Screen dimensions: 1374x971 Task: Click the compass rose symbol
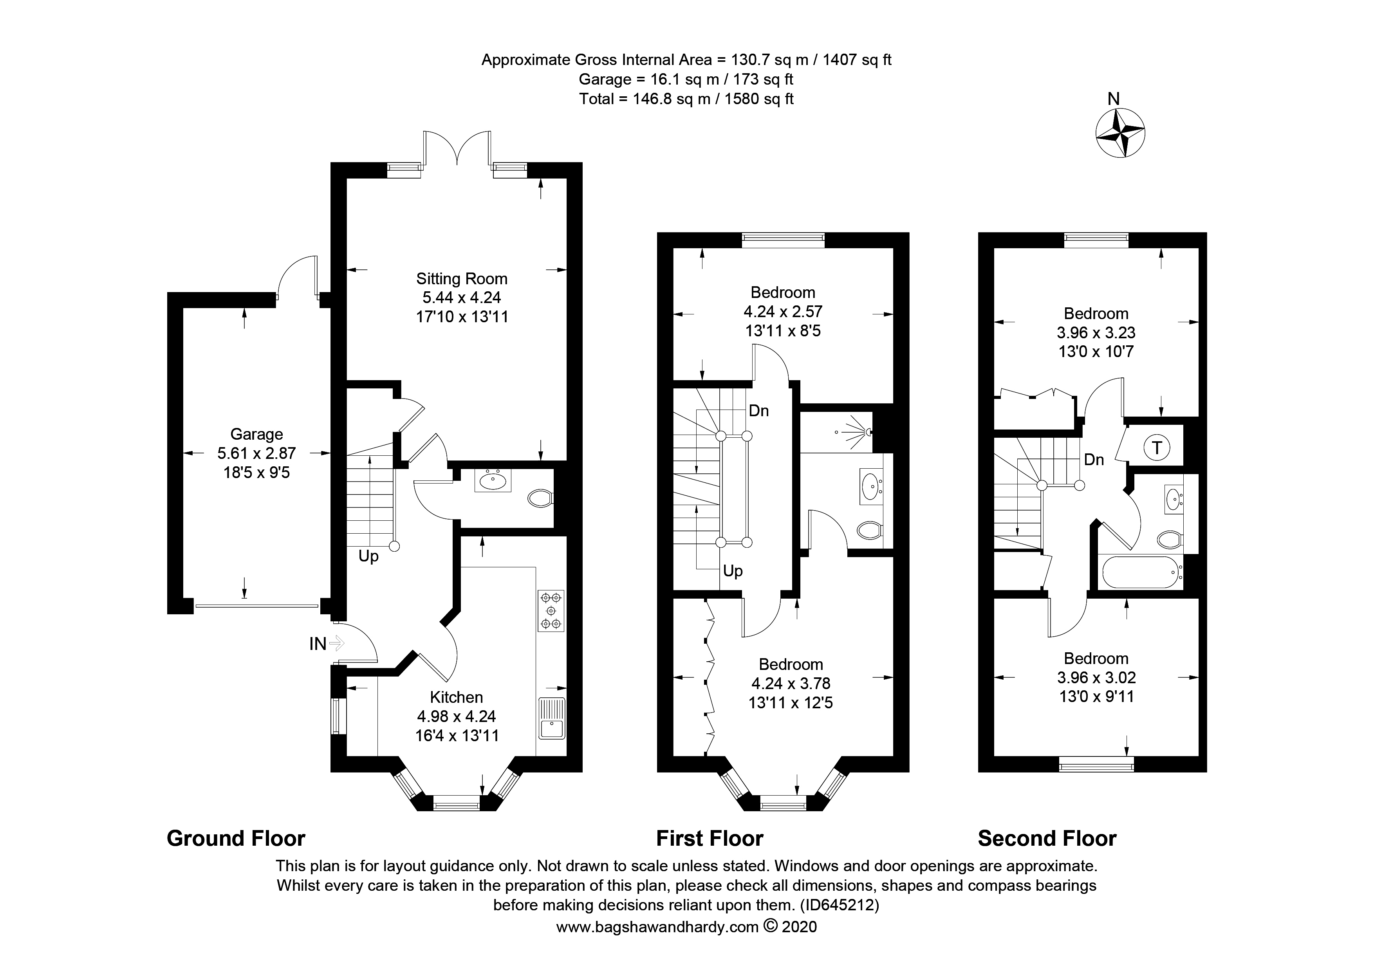[x=1120, y=133]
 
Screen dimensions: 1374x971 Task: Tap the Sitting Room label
[x=462, y=279]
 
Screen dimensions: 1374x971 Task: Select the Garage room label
[x=257, y=434]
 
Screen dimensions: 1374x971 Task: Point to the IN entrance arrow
[x=337, y=643]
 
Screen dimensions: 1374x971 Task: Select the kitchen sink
[x=552, y=718]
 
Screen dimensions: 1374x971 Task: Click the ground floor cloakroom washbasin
[x=493, y=479]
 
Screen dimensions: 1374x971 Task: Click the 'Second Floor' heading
[x=1047, y=839]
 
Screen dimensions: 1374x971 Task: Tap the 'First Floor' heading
[x=710, y=839]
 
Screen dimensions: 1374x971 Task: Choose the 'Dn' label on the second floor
[x=1094, y=460]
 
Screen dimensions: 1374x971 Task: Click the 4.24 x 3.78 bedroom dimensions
[x=791, y=683]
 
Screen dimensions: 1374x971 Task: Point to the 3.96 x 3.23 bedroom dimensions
[x=1096, y=333]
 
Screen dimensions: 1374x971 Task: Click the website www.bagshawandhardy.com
[x=658, y=927]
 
